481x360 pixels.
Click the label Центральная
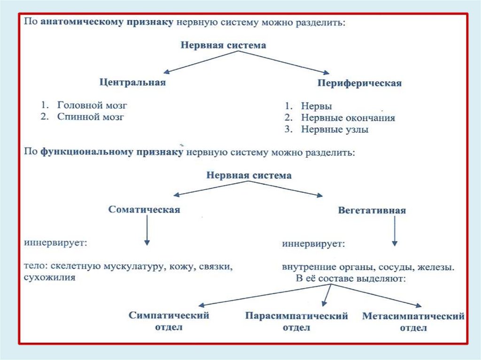click(132, 82)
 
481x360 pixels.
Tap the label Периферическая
click(359, 84)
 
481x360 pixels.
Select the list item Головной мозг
click(92, 105)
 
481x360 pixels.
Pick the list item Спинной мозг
click(91, 117)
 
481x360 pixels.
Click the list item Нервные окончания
click(348, 118)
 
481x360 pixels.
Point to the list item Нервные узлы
click(334, 130)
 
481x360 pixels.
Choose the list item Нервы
click(316, 107)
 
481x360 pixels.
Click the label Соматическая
click(144, 210)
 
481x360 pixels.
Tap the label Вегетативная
click(372, 211)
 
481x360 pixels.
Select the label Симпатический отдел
click(169, 321)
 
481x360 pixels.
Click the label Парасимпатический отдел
click(296, 322)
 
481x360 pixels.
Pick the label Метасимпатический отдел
click(413, 322)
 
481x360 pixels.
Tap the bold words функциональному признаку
click(111, 153)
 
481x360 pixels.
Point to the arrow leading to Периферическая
click(284, 62)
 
